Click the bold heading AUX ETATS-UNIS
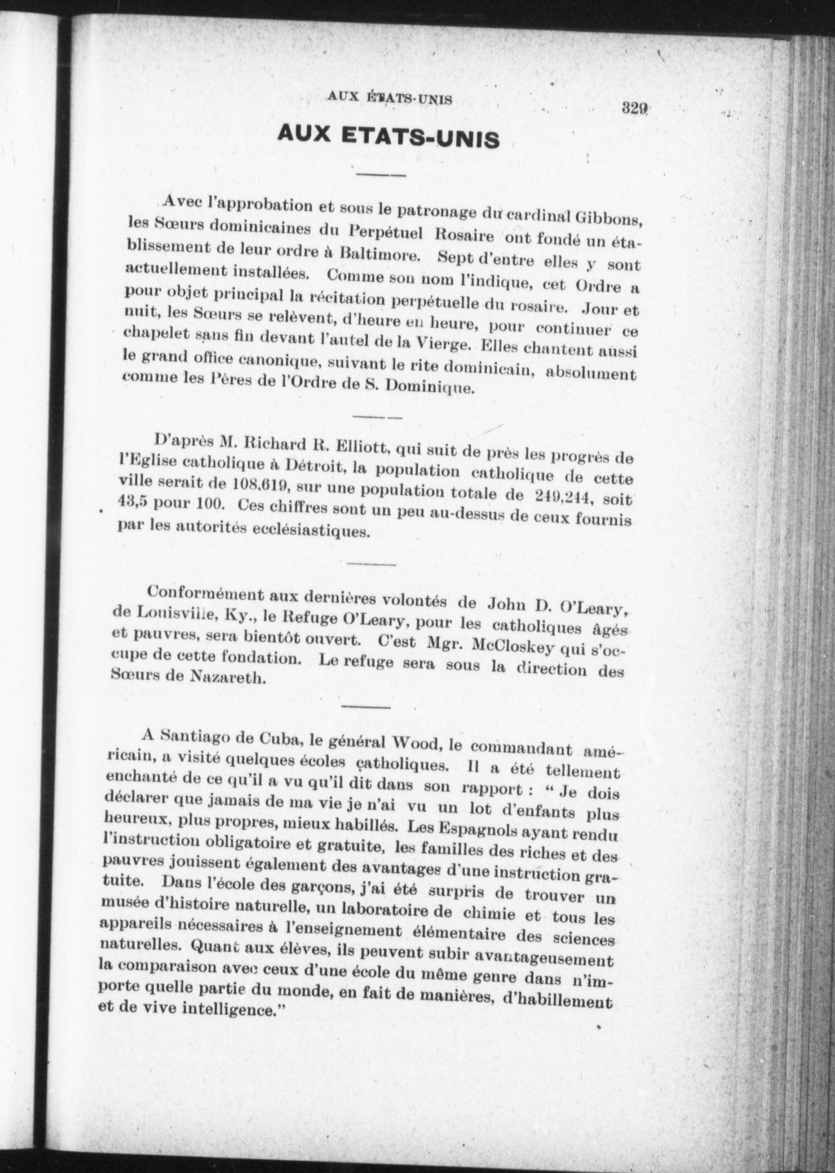[x=388, y=136]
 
